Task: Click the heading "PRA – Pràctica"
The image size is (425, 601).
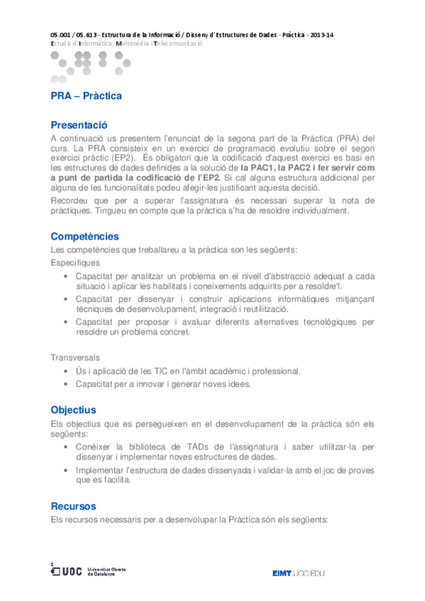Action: pos(86,96)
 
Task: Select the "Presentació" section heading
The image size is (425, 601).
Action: pos(79,124)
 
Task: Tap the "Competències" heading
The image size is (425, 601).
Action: pos(84,236)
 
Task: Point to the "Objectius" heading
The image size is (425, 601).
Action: pos(73,410)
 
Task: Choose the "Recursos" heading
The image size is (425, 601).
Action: pos(73,506)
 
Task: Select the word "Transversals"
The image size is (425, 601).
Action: pos(75,357)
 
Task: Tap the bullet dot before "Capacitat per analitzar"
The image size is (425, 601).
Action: pos(66,276)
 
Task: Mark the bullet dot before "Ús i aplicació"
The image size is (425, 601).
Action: pos(66,371)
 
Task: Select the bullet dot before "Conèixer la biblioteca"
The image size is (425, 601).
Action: pos(66,447)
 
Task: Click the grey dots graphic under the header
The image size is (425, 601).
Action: pos(89,62)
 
